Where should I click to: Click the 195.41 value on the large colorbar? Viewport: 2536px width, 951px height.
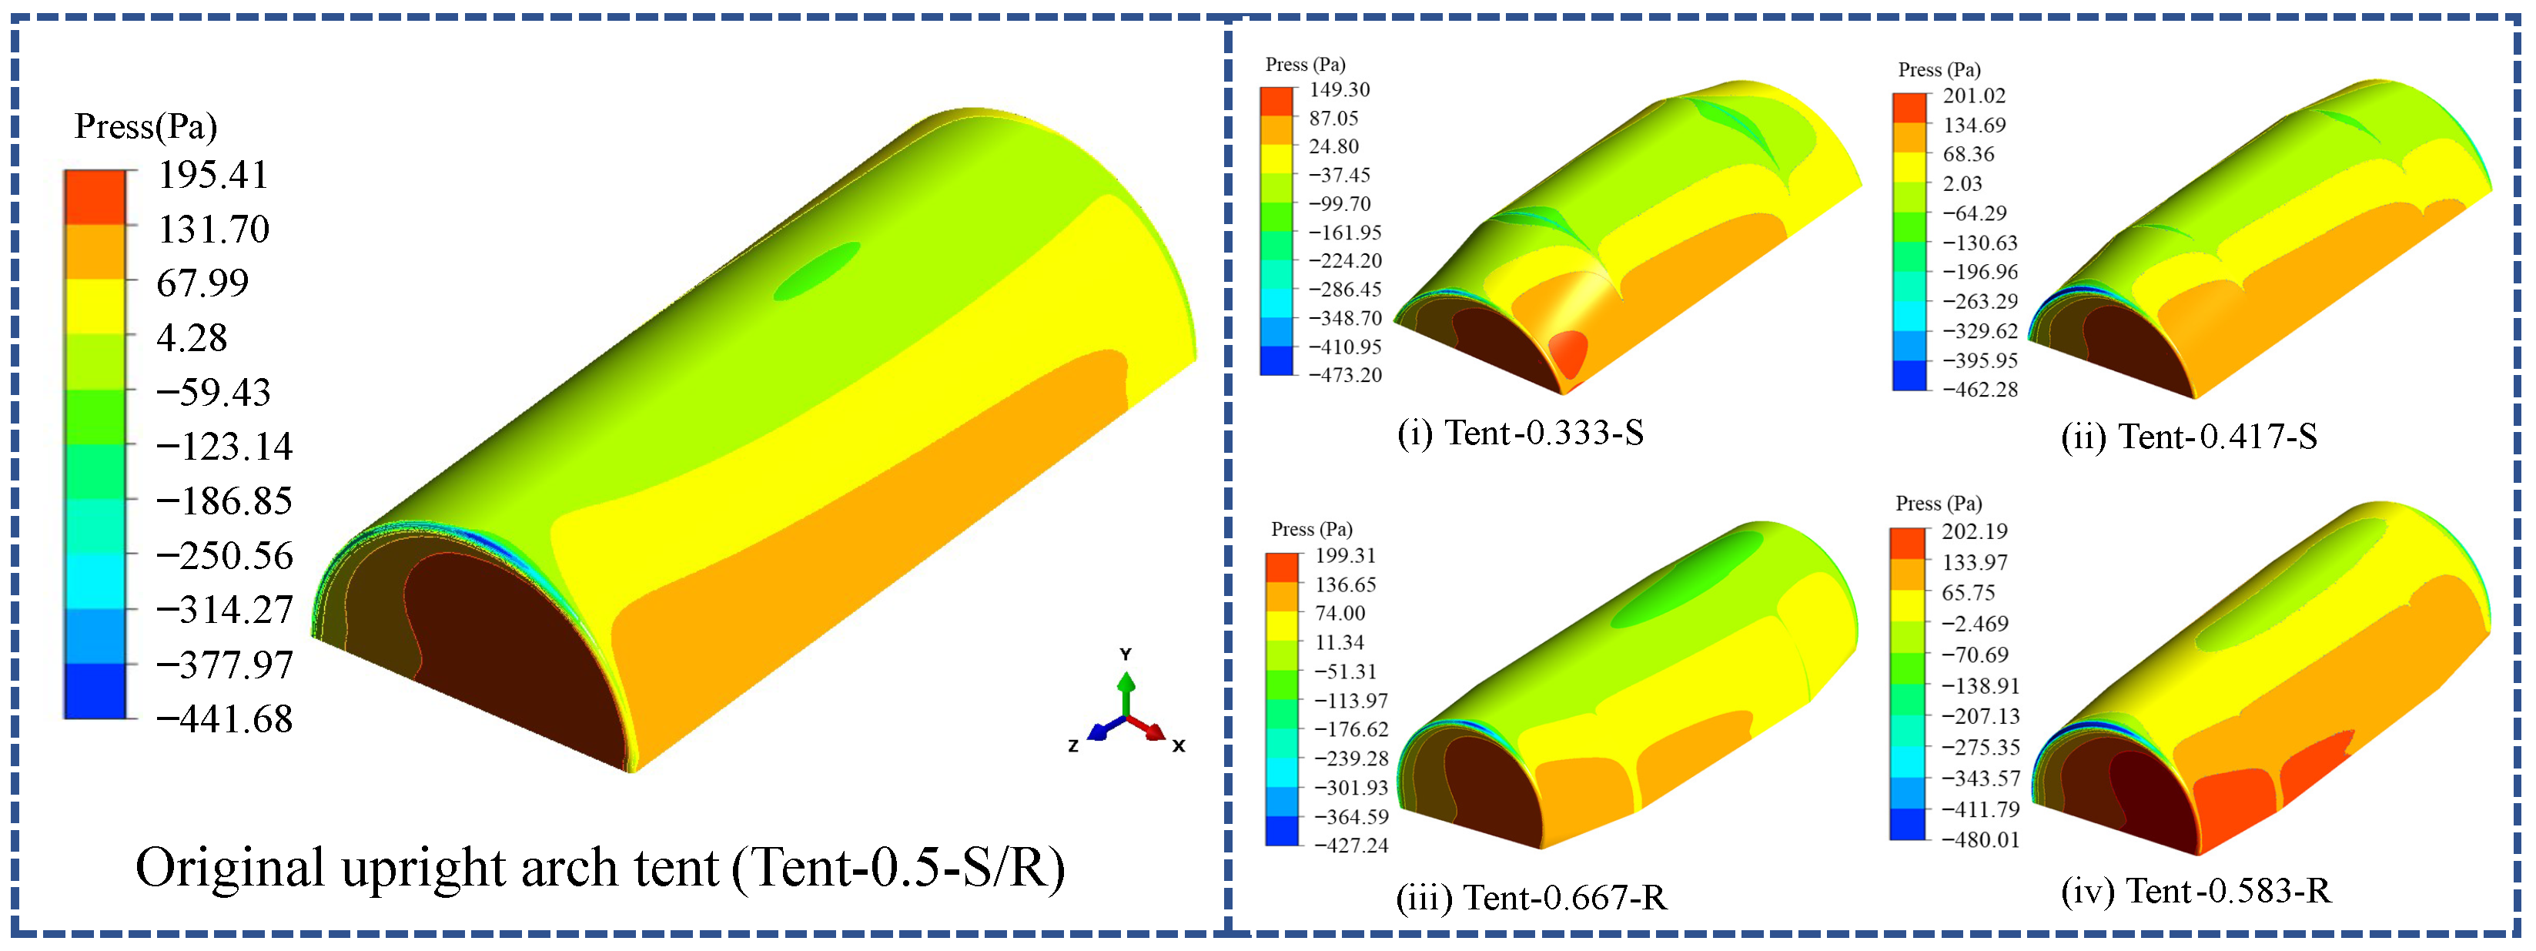212,176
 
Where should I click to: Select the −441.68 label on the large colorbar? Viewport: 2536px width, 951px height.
225,720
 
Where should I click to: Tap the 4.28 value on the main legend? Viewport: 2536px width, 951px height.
191,338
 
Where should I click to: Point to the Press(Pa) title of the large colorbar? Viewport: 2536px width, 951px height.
146,126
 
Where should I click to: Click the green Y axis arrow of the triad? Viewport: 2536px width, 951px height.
1126,685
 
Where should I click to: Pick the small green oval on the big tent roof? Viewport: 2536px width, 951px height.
816,271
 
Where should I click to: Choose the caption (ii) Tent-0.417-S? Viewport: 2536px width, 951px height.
2189,436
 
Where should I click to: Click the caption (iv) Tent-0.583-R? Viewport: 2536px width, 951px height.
2196,891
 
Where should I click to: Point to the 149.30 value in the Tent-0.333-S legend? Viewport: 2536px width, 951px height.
1339,89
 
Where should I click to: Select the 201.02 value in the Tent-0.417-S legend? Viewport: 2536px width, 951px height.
1973,95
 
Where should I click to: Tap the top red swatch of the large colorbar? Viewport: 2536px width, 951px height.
95,197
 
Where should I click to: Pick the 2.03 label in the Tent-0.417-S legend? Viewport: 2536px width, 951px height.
1962,184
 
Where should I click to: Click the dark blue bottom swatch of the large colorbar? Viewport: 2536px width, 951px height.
95,691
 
